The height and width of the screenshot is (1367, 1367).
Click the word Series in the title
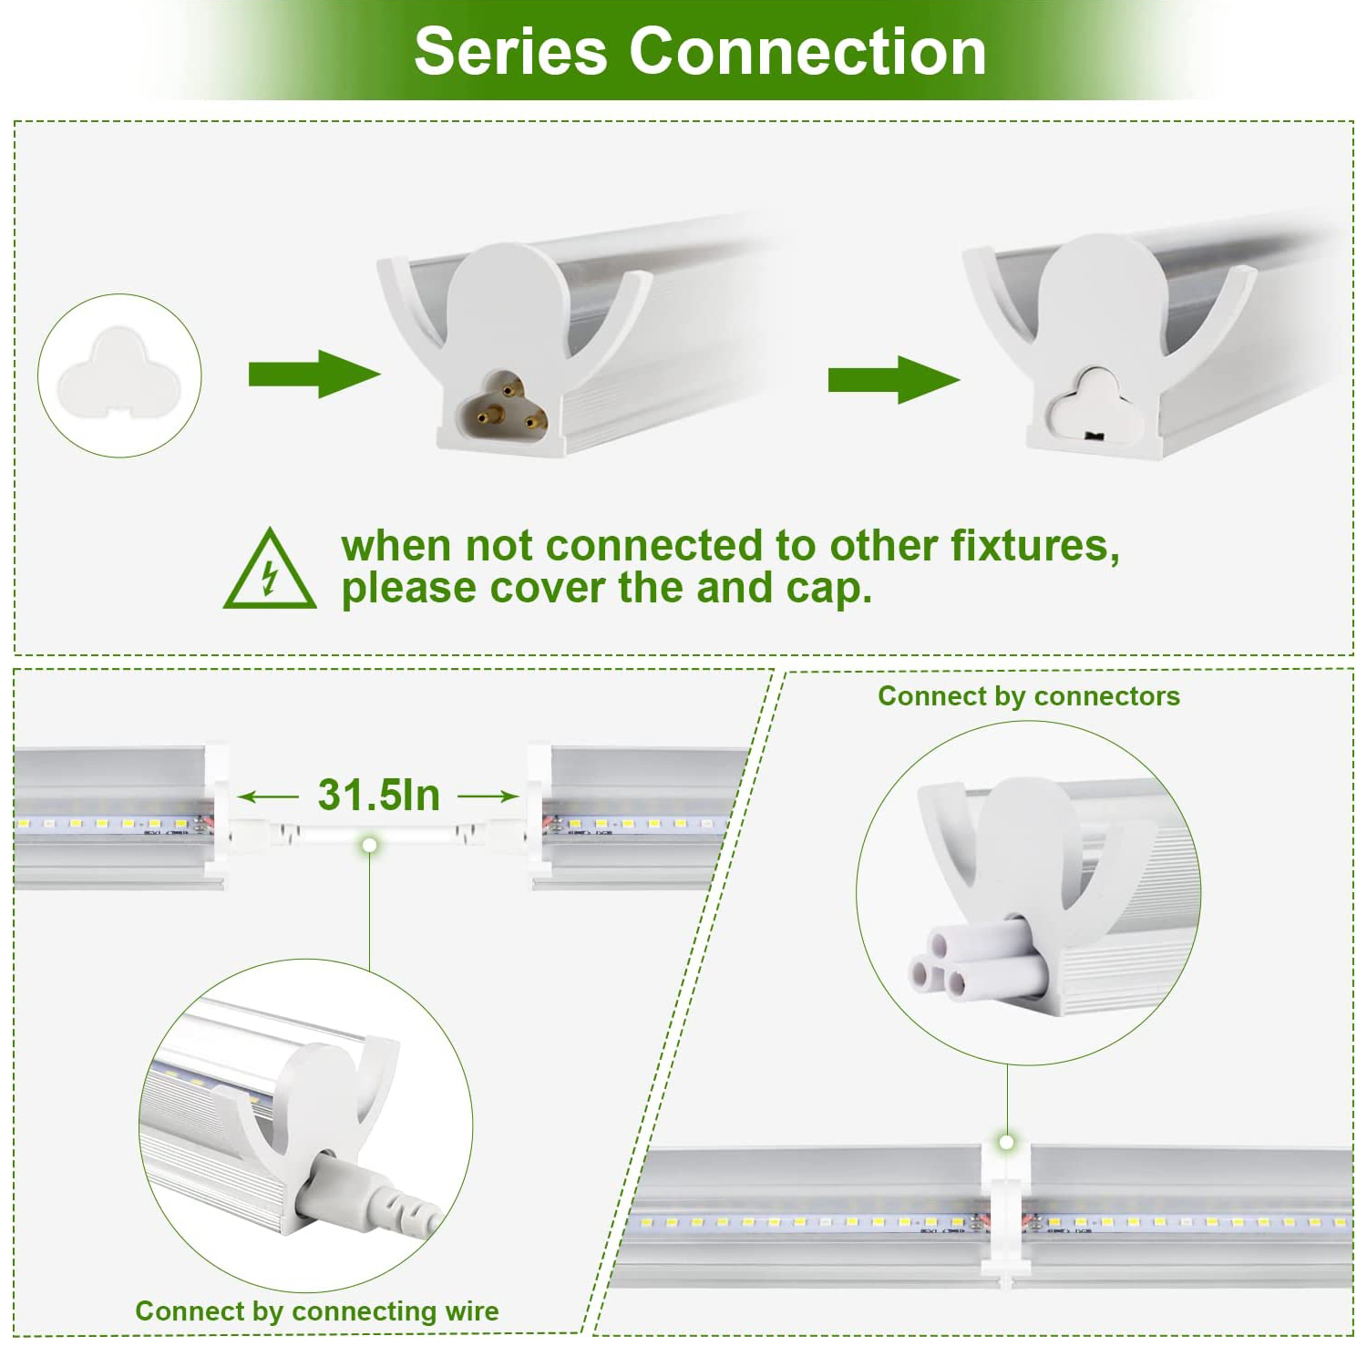pyautogui.click(x=510, y=51)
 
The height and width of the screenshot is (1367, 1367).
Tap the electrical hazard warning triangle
pyautogui.click(x=270, y=569)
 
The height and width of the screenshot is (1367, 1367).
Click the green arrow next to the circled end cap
pyautogui.click(x=314, y=374)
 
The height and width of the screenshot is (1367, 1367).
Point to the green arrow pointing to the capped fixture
pyautogui.click(x=893, y=380)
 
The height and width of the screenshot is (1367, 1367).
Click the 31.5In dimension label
pyautogui.click(x=379, y=795)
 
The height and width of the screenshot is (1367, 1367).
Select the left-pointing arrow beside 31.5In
pyautogui.click(x=268, y=797)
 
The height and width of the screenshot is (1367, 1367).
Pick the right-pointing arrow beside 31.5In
pyautogui.click(x=488, y=797)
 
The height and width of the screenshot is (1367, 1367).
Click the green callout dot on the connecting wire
pyautogui.click(x=369, y=846)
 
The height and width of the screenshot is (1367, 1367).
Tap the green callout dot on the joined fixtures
pyautogui.click(x=1007, y=1142)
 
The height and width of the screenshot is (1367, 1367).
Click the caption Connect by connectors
pyautogui.click(x=1029, y=696)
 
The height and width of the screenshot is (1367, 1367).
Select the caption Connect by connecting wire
pyautogui.click(x=317, y=1311)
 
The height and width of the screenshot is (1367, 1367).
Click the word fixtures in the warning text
pyautogui.click(x=1035, y=546)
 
